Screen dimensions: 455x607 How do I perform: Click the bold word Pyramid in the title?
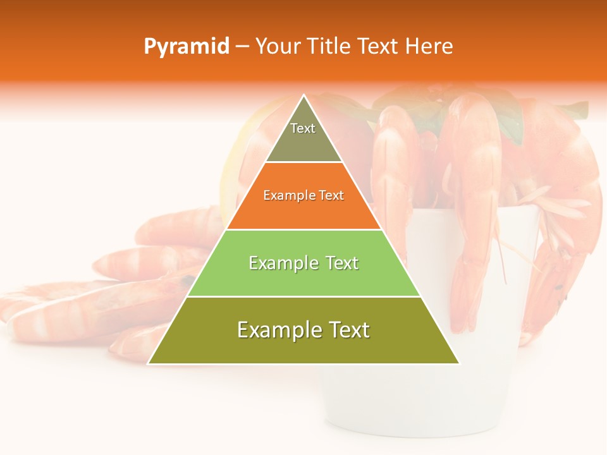186,47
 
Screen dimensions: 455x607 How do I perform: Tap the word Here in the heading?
429,47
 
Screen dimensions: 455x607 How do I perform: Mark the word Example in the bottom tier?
276,330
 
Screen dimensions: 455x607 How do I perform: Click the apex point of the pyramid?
304,95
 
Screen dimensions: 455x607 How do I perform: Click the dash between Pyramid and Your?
242,47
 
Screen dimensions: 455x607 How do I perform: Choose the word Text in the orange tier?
331,196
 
